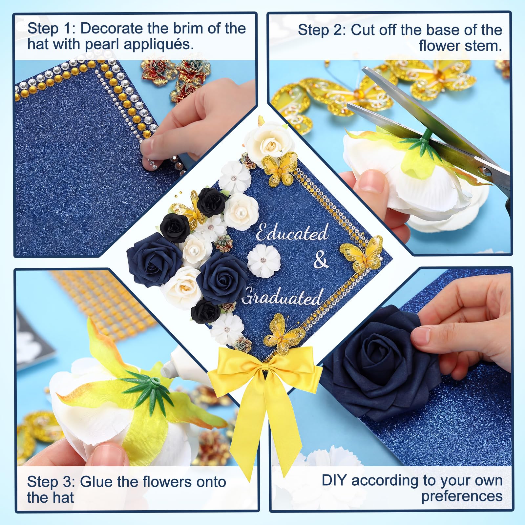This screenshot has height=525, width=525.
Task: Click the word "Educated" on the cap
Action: pos(292,233)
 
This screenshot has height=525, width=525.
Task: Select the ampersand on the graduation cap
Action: pos(321,261)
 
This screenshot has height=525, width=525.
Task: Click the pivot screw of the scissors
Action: pos(484,170)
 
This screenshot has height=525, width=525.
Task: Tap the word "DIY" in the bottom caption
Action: pos(334,480)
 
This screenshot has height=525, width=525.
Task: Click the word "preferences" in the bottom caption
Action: pos(462,496)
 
